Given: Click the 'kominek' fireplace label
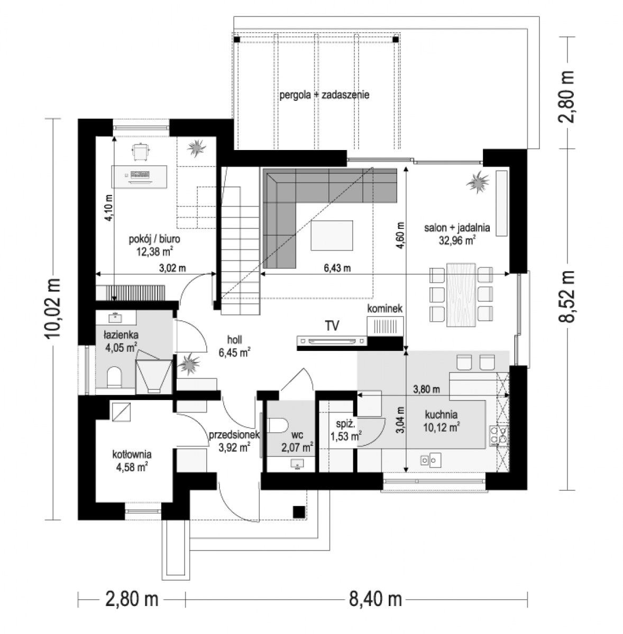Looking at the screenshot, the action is pos(384,309).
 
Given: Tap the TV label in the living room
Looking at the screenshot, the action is pos(332,326).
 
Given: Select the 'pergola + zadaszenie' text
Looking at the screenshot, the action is pos(324,95).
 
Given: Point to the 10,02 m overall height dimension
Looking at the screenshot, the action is pos(53,308).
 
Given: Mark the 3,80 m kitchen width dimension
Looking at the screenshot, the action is pos(426,389).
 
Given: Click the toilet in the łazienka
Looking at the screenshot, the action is pos(114,376).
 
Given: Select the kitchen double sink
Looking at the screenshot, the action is pos(430,460).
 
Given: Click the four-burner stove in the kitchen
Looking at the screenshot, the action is pos(499,435).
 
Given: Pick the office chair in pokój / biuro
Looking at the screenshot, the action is pos(140,152).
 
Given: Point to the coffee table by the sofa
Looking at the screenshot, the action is pos(332,235).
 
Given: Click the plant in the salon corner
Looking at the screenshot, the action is pos(478,182).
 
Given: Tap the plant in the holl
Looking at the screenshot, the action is pos(189,364).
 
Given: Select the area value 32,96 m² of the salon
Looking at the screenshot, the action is pos(457,240).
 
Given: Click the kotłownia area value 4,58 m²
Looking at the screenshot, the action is pos(132,467).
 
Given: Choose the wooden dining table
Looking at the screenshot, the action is pos(461,294).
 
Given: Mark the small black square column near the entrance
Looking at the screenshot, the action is pos(299,511).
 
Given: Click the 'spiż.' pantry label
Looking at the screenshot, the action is pos(345,424).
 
